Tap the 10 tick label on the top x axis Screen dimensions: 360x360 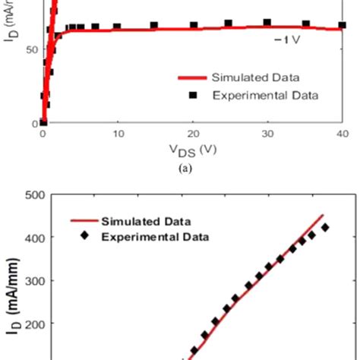[118, 134]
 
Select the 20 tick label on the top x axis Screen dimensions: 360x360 [193, 134]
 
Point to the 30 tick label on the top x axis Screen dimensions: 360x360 [267, 134]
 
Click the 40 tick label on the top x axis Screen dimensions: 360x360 [341, 134]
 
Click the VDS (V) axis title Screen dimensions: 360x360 [191, 150]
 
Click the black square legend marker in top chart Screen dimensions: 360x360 [193, 95]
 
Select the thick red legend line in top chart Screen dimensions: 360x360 [192, 77]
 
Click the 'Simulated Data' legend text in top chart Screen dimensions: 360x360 [255, 77]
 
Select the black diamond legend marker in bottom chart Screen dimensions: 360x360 [84, 237]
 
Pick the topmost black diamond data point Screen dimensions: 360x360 [326, 227]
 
